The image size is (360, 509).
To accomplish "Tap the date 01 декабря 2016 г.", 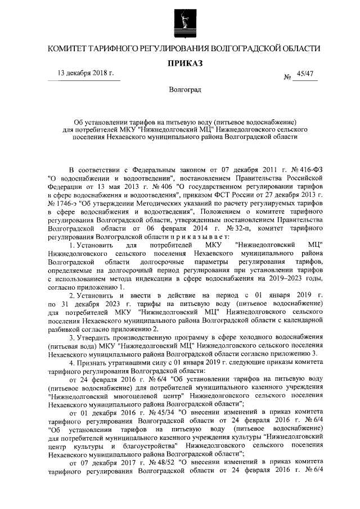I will (106, 411).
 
